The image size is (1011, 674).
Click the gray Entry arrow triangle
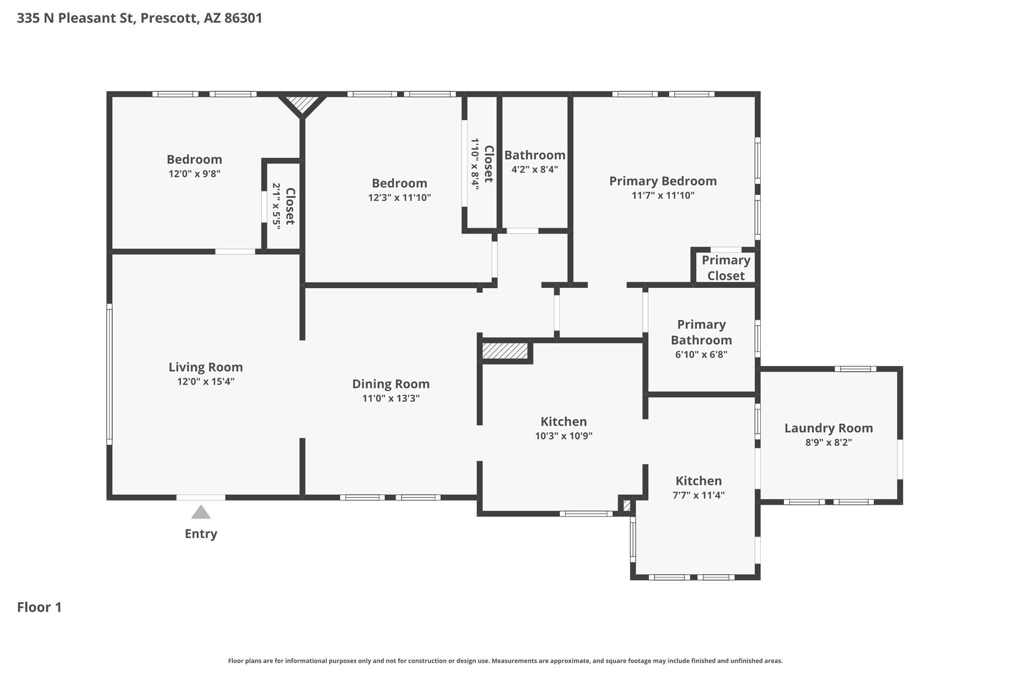coord(201,512)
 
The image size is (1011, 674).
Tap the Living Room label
coord(206,367)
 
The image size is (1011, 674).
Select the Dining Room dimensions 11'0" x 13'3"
coord(391,398)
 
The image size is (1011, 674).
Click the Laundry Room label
coord(829,428)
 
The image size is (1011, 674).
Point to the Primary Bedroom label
coord(663,181)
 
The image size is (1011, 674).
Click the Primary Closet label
coord(726,268)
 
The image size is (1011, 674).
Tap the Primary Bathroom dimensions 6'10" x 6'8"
coord(701,355)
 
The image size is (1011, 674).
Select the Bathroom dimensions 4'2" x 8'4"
coord(535,169)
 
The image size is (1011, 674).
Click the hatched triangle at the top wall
coord(302,102)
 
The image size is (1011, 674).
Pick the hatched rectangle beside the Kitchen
coord(505,351)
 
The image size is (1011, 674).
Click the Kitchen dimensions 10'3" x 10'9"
coord(564,436)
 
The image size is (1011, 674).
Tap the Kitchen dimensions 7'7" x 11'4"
coord(699,495)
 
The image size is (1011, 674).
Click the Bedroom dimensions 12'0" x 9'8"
coord(194,174)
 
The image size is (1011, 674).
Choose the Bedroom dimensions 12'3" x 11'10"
coord(400,198)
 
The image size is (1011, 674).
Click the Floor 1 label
coord(39,607)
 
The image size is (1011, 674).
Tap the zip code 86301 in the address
coord(243,18)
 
